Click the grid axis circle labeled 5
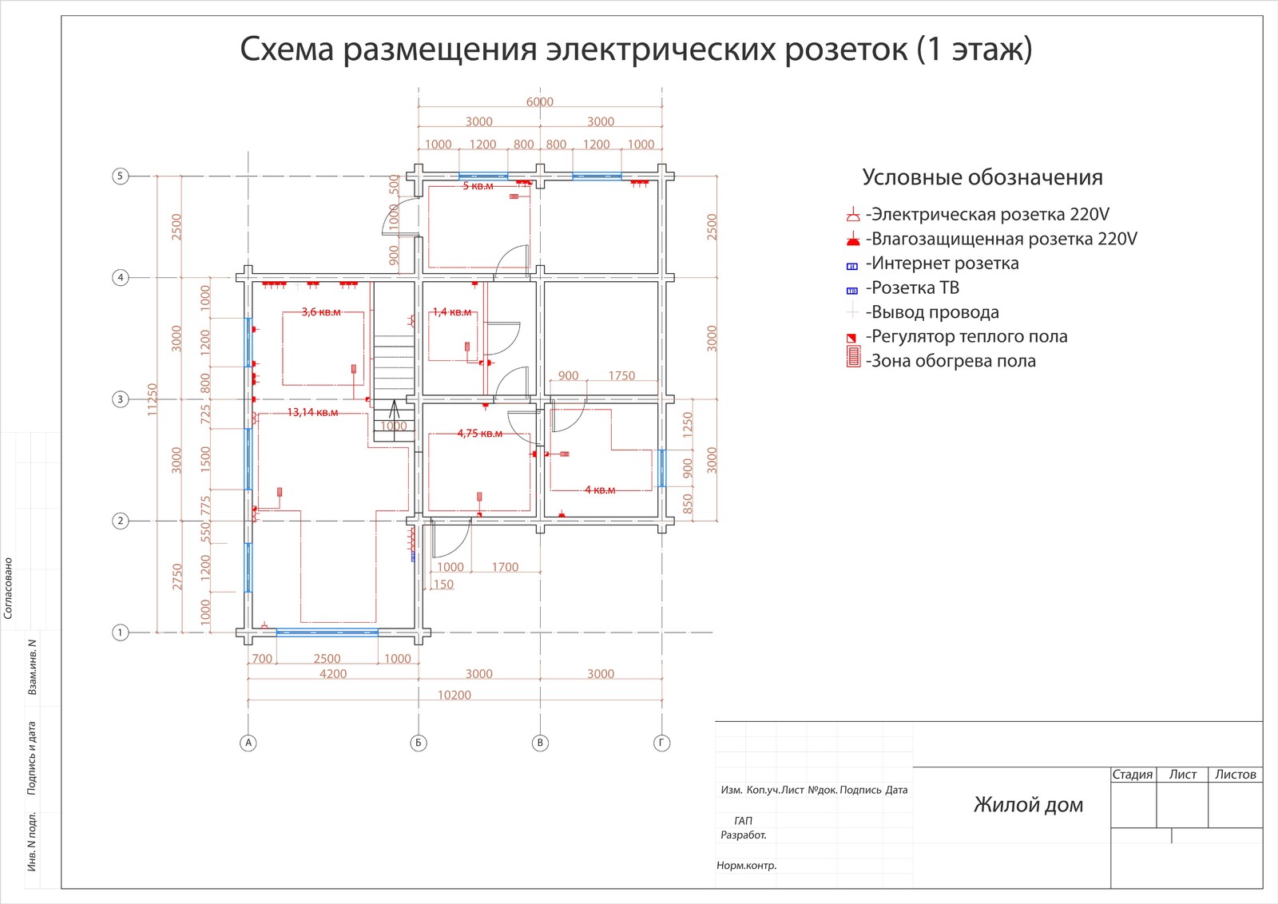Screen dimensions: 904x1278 (120, 176)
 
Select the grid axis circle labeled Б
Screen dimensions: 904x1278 (419, 743)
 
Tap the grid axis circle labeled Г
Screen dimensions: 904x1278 (661, 743)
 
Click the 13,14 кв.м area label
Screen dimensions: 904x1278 (312, 412)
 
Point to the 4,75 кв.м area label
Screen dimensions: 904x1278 (479, 433)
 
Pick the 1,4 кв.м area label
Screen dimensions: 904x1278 (452, 311)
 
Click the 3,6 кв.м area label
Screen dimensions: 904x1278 (321, 311)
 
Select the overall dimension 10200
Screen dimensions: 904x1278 (454, 695)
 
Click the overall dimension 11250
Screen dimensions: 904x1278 (152, 398)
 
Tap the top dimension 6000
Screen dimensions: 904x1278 (539, 101)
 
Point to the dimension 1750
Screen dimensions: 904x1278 (621, 375)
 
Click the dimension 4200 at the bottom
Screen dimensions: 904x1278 (333, 674)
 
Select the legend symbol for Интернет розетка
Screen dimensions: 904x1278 (852, 266)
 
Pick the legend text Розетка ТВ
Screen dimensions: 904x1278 (915, 287)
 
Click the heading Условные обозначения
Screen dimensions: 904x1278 (982, 177)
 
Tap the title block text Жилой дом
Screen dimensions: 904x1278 (1028, 804)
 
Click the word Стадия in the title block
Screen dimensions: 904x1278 (1133, 774)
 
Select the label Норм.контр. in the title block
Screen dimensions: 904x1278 (746, 865)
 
